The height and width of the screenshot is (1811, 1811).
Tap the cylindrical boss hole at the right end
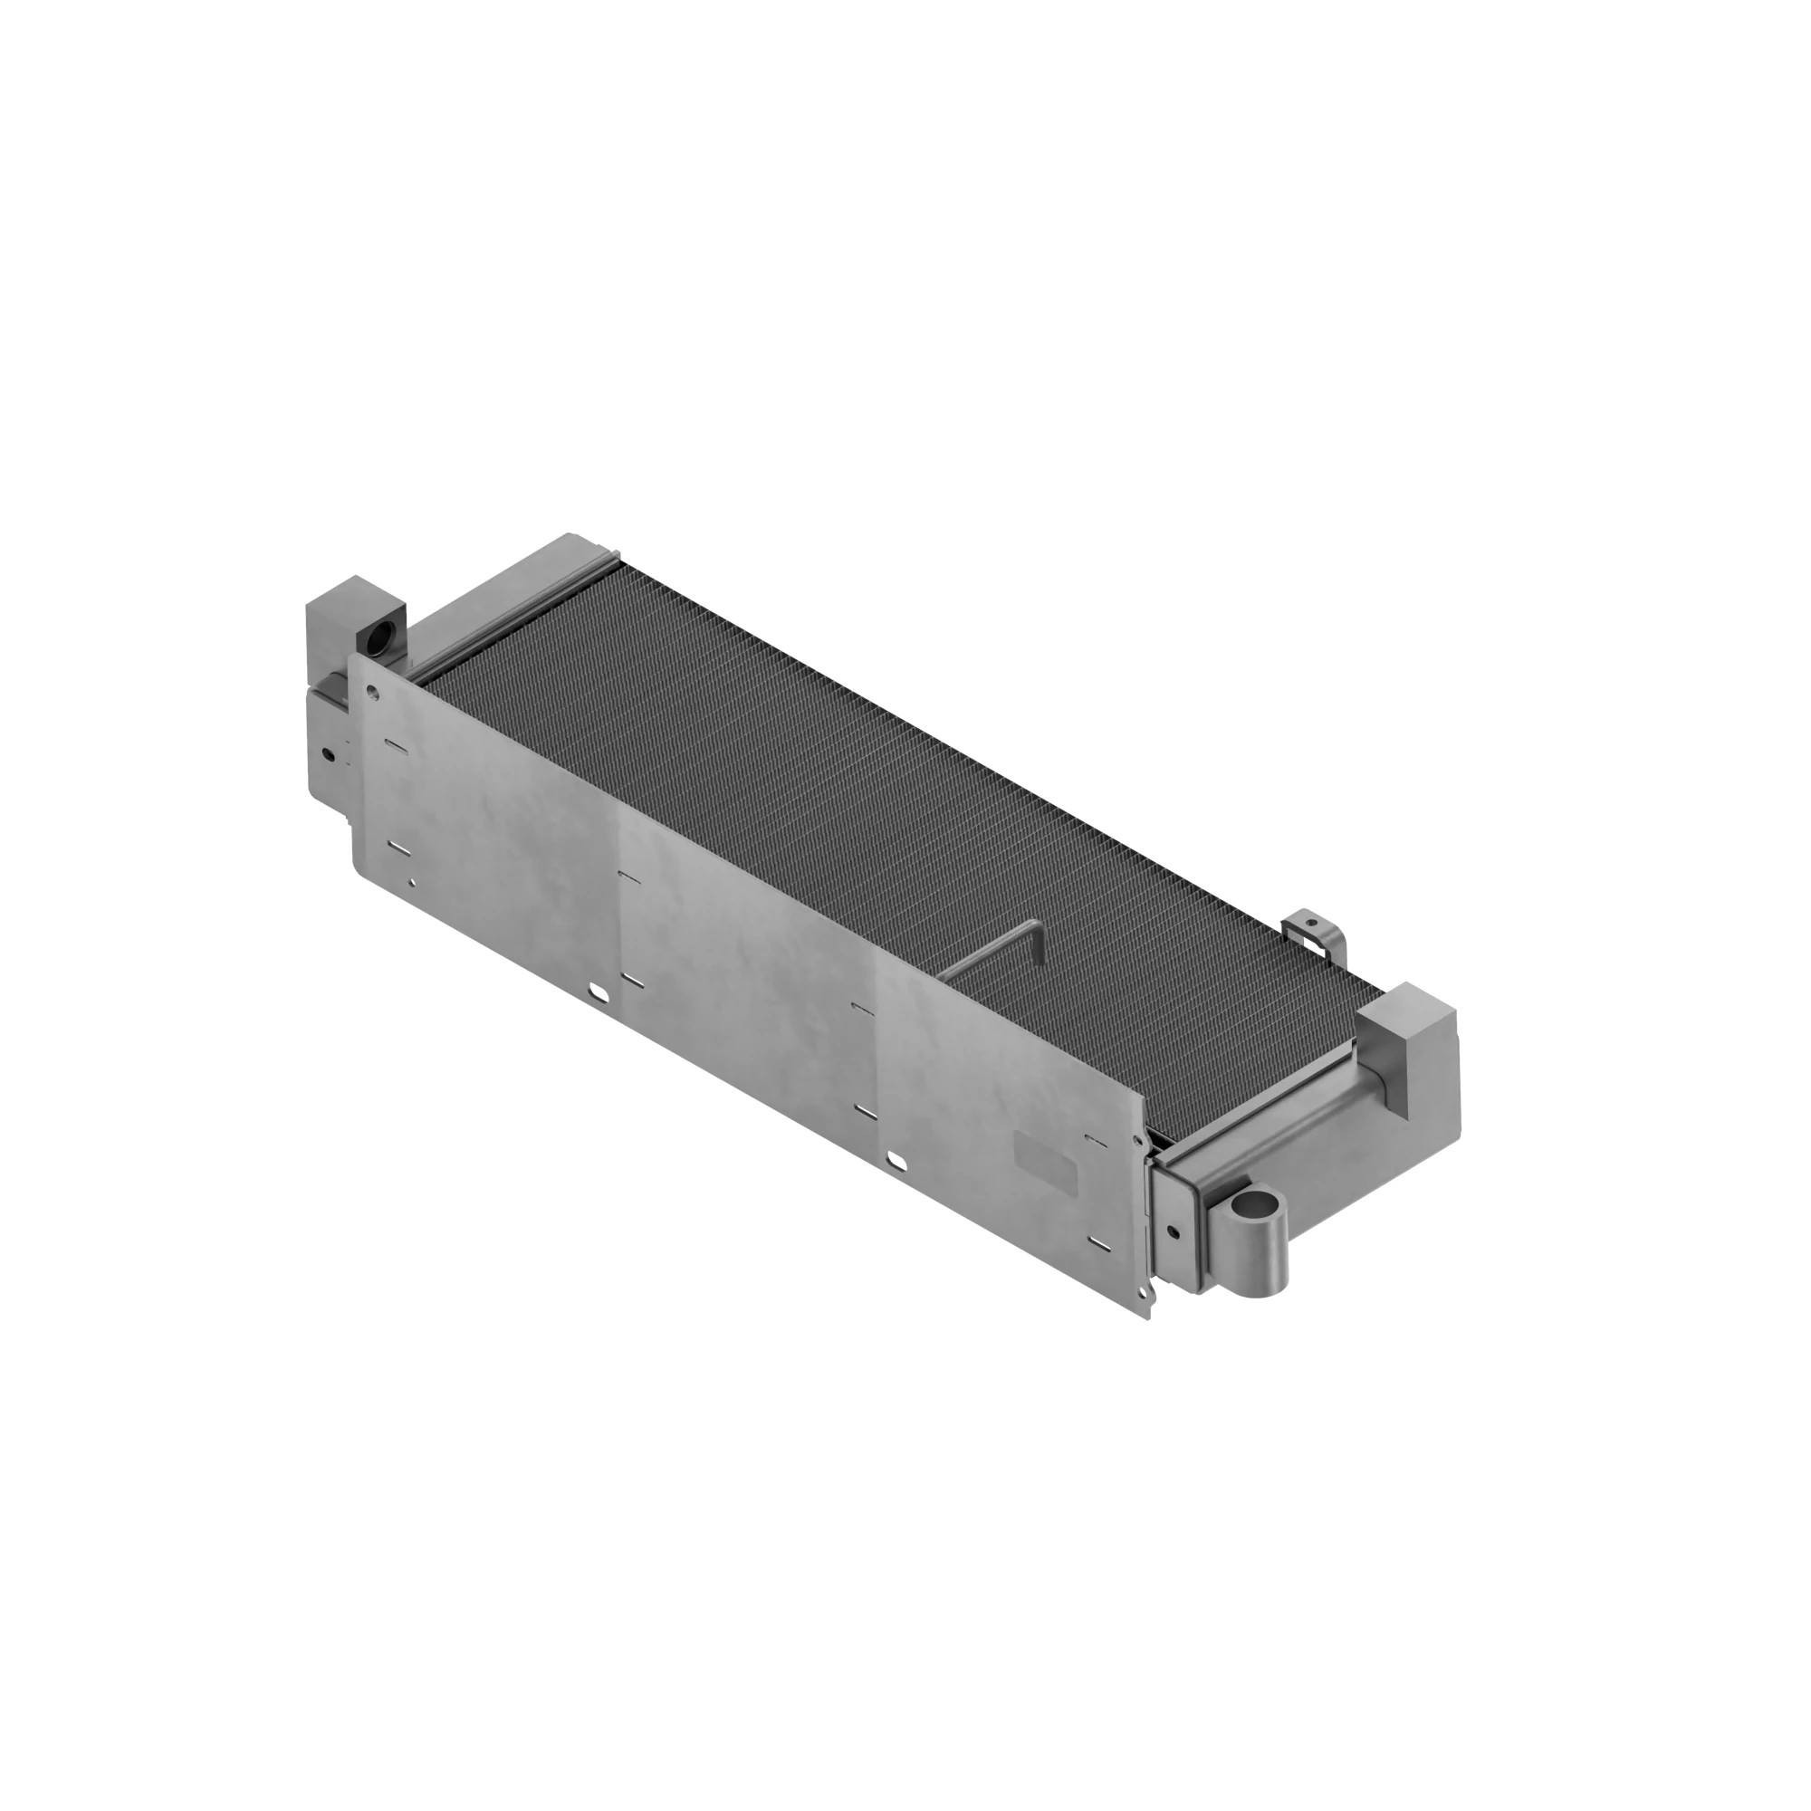point(1259,1203)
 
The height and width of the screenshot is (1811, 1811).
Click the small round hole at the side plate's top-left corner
point(373,694)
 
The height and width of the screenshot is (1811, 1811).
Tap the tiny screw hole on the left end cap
point(327,752)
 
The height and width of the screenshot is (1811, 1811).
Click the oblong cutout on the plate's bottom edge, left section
point(595,992)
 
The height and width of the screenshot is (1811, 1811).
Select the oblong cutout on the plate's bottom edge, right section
point(897,1163)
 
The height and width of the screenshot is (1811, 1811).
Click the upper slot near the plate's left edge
point(397,746)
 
